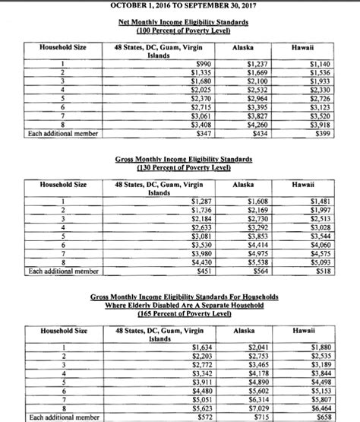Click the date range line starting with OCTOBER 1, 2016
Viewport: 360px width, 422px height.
(x=179, y=5)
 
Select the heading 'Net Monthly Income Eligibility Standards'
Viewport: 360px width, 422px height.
(x=180, y=22)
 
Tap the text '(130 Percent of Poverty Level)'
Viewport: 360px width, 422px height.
(x=179, y=167)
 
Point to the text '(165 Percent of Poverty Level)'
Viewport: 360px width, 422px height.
(x=179, y=313)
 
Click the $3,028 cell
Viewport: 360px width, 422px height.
(x=322, y=227)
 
